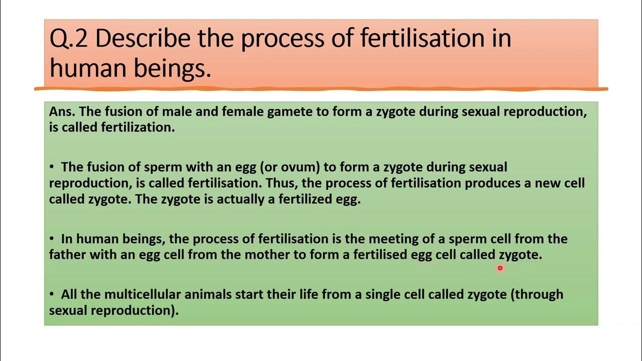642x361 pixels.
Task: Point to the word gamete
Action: coord(290,111)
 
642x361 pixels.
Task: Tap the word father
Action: coord(67,254)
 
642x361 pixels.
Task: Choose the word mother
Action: coord(266,254)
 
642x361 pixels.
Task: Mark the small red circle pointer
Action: coord(500,268)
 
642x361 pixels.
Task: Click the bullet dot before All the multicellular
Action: coord(52,294)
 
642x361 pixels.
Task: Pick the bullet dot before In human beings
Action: coord(52,239)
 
